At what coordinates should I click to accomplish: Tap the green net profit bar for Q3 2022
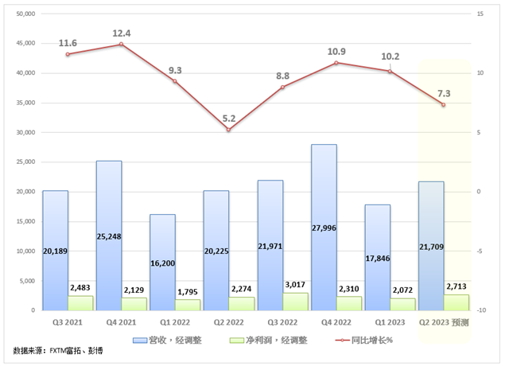point(295,302)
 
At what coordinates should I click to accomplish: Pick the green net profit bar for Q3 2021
point(80,303)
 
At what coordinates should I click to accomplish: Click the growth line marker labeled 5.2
point(228,130)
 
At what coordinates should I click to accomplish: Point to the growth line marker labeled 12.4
point(121,44)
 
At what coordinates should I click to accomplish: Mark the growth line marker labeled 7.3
point(443,105)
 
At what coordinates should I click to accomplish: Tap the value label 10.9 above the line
point(336,52)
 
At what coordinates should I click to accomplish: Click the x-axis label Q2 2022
point(228,323)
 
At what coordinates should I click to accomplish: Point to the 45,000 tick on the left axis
point(25,43)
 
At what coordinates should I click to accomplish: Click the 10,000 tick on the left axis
point(25,251)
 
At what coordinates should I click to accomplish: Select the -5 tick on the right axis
point(480,251)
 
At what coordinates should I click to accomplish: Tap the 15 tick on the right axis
point(480,14)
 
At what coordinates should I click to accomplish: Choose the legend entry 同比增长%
point(355,340)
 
